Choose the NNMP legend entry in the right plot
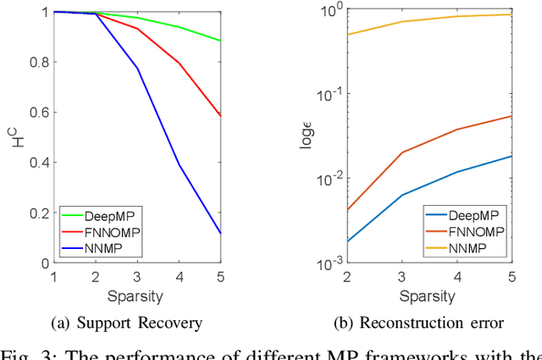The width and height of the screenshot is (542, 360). (x=467, y=247)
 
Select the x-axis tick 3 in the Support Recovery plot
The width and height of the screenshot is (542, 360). (x=137, y=278)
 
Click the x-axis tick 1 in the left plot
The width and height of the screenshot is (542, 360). (x=53, y=278)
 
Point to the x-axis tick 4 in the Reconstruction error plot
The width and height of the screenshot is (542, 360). (x=458, y=278)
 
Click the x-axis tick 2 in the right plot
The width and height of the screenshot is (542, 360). (x=347, y=278)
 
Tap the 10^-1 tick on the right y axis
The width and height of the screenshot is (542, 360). (x=329, y=94)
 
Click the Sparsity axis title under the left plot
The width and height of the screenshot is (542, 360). (x=137, y=296)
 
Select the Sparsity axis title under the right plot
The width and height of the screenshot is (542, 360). (x=430, y=296)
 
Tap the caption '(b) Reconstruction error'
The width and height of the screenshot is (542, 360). (x=430, y=323)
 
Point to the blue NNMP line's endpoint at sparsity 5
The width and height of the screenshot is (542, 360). (x=221, y=233)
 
